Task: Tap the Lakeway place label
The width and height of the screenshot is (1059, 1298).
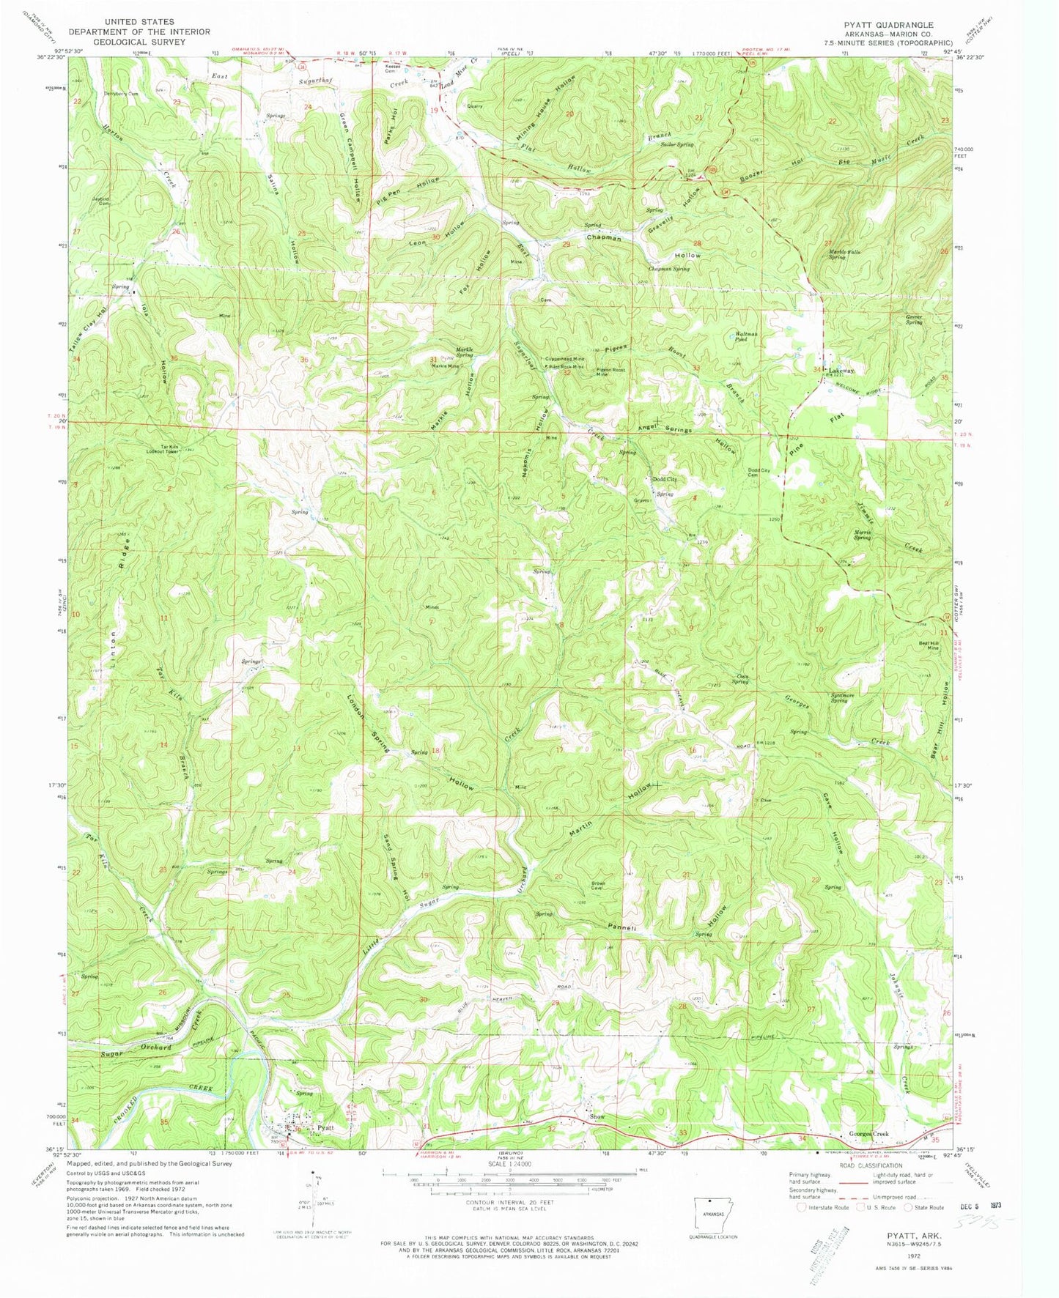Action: [x=840, y=371]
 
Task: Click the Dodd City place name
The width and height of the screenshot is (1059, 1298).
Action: [x=665, y=479]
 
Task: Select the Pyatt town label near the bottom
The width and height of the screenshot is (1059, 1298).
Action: [x=324, y=1128]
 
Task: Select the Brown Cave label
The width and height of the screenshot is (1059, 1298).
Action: [x=599, y=886]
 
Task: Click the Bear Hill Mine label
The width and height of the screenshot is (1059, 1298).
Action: [x=929, y=645]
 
